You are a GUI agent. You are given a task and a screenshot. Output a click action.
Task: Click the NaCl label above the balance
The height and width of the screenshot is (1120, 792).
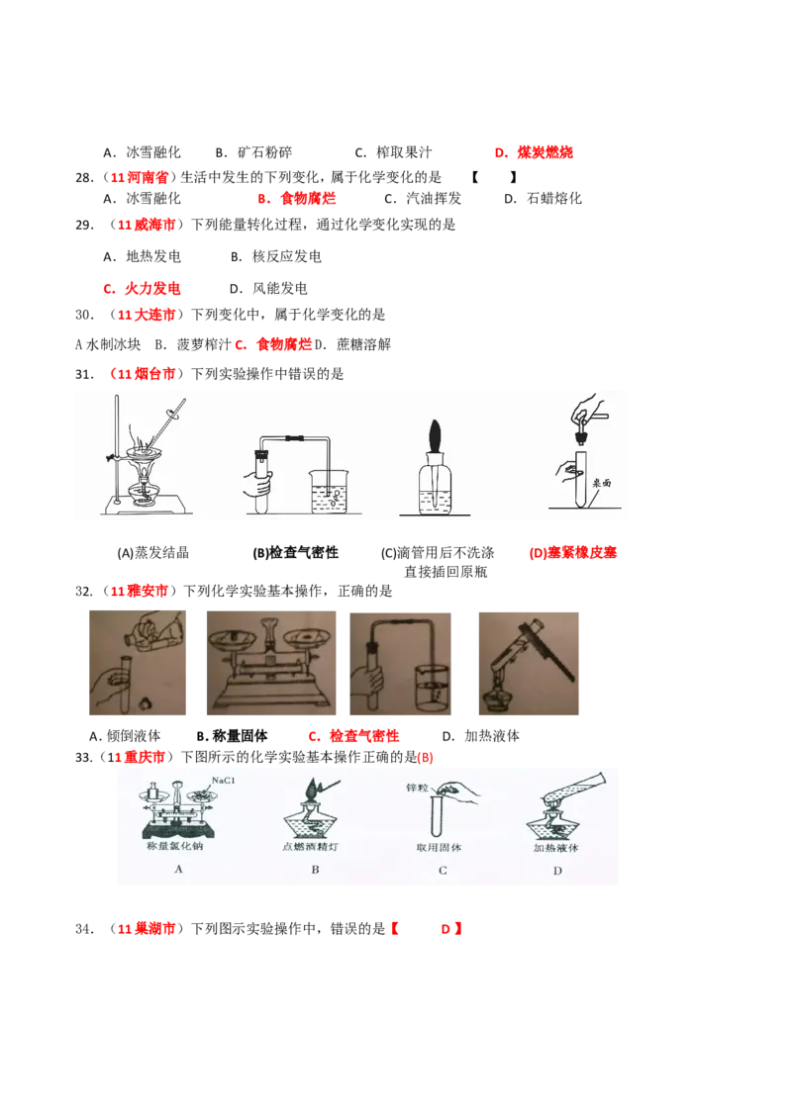(223, 781)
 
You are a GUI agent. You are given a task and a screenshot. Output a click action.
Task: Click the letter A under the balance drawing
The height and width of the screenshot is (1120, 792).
(178, 869)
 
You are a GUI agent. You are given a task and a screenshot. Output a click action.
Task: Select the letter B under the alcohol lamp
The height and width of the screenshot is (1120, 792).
(315, 870)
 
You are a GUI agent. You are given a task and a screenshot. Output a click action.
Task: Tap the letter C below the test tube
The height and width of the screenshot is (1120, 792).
(443, 870)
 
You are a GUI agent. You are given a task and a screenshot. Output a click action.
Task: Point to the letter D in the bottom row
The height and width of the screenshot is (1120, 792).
(557, 870)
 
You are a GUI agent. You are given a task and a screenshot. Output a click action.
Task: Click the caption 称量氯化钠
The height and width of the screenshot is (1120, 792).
(178, 847)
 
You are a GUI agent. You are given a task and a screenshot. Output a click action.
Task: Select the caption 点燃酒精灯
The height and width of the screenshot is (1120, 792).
(315, 847)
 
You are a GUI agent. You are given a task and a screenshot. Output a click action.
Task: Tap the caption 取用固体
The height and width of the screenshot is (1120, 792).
(441, 847)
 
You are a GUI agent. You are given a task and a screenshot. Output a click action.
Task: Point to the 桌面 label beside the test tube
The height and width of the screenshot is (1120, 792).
(603, 484)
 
